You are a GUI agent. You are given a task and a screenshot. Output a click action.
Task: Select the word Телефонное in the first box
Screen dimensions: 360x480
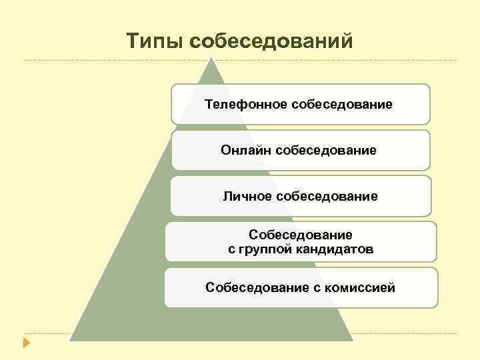point(246,105)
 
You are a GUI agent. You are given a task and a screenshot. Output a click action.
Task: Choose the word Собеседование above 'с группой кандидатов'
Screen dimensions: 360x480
point(300,235)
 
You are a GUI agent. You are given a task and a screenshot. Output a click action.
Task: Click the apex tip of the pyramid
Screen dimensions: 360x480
point(212,57)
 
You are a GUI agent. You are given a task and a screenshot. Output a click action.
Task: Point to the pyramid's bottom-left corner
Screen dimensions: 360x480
point(69,340)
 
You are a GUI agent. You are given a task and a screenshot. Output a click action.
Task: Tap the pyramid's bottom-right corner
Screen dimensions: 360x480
point(353,340)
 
